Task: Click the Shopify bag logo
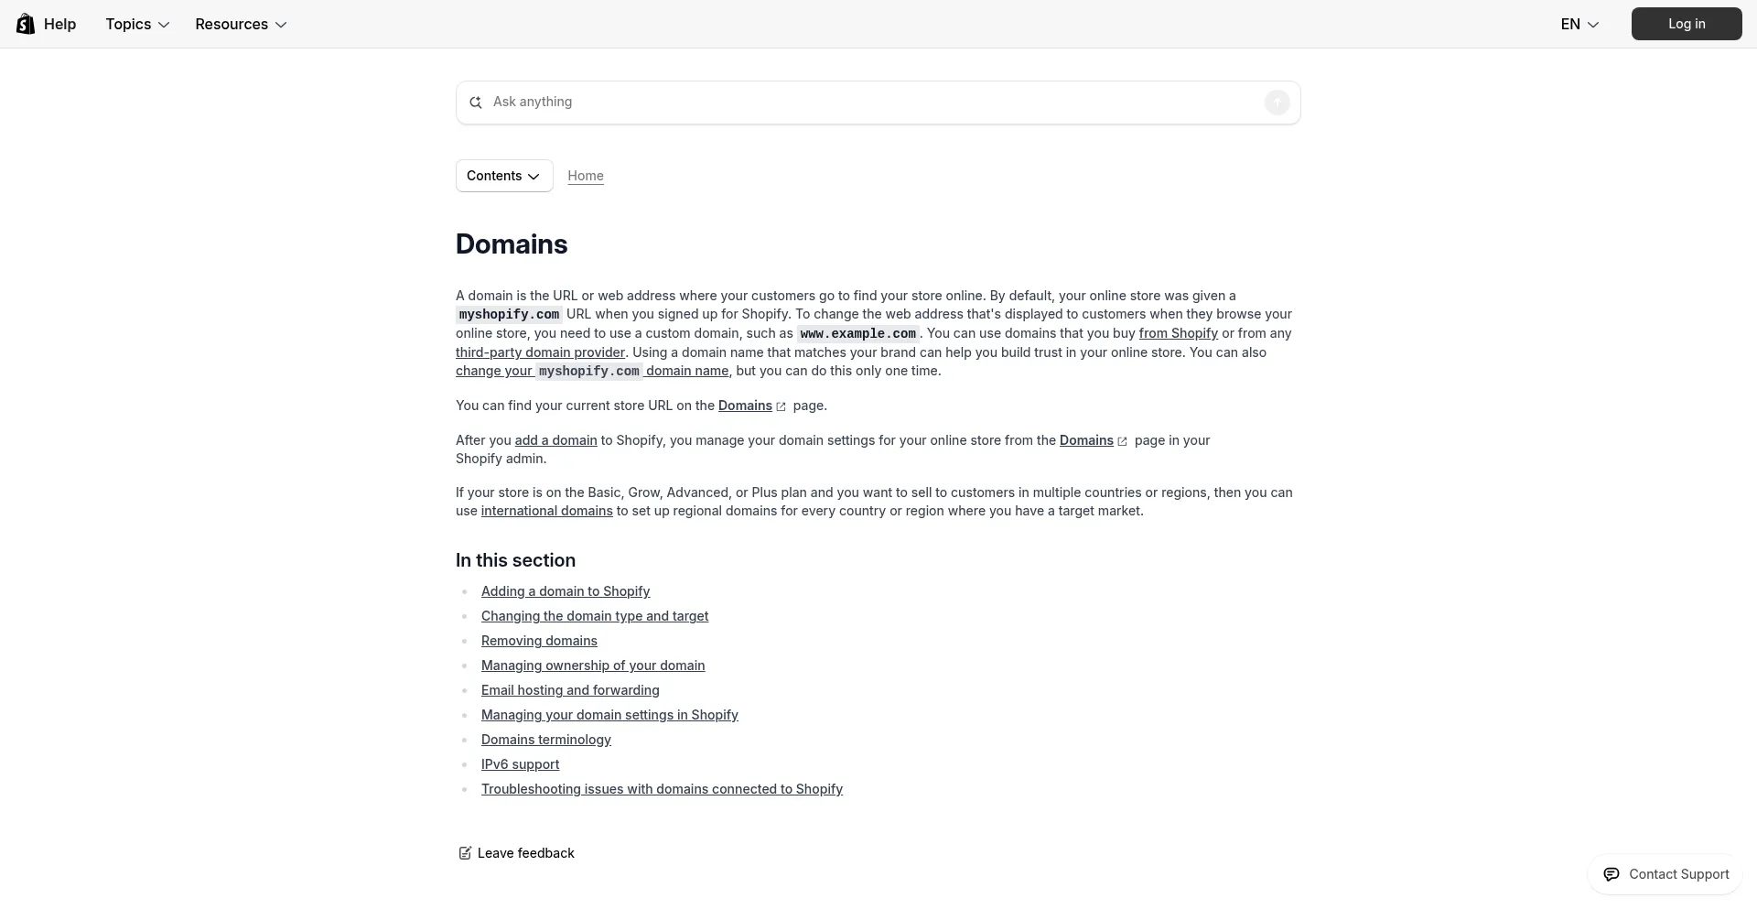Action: [26, 24]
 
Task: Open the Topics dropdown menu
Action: [137, 24]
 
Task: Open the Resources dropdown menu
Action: [241, 24]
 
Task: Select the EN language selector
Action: [1579, 24]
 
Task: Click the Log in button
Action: [1686, 24]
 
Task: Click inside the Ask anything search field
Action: [869, 102]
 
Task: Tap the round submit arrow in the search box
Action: [1277, 103]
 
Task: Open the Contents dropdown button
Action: [504, 176]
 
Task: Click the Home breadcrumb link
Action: [586, 176]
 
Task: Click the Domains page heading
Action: [512, 244]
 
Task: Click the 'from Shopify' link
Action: [1178, 333]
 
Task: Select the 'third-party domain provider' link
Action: [540, 352]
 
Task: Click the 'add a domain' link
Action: [555, 440]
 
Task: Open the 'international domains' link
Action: [546, 511]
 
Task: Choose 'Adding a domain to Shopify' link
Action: [566, 591]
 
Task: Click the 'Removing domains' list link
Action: [539, 641]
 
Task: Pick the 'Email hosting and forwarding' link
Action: [570, 690]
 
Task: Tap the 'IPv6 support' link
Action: [520, 764]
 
